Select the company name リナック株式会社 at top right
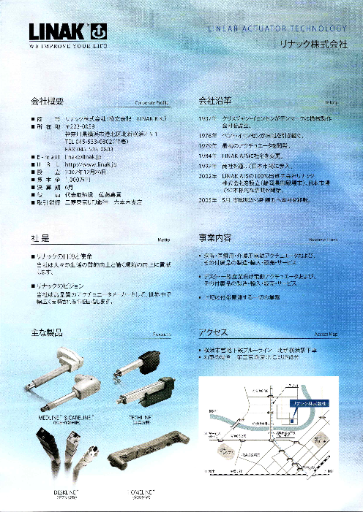[313, 45]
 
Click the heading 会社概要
[49, 100]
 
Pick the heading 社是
[40, 239]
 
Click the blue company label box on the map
[307, 402]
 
